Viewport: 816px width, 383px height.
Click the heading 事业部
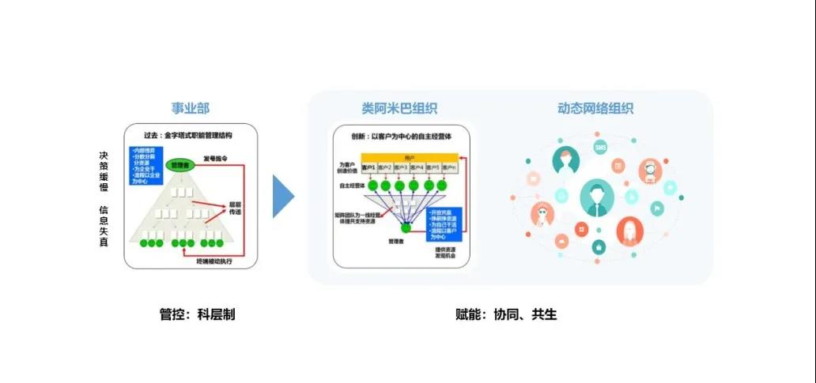(x=191, y=108)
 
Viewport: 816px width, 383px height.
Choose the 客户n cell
(x=448, y=168)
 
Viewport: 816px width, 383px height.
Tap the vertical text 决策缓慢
(x=104, y=174)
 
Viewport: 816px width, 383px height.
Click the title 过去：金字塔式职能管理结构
(x=190, y=136)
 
